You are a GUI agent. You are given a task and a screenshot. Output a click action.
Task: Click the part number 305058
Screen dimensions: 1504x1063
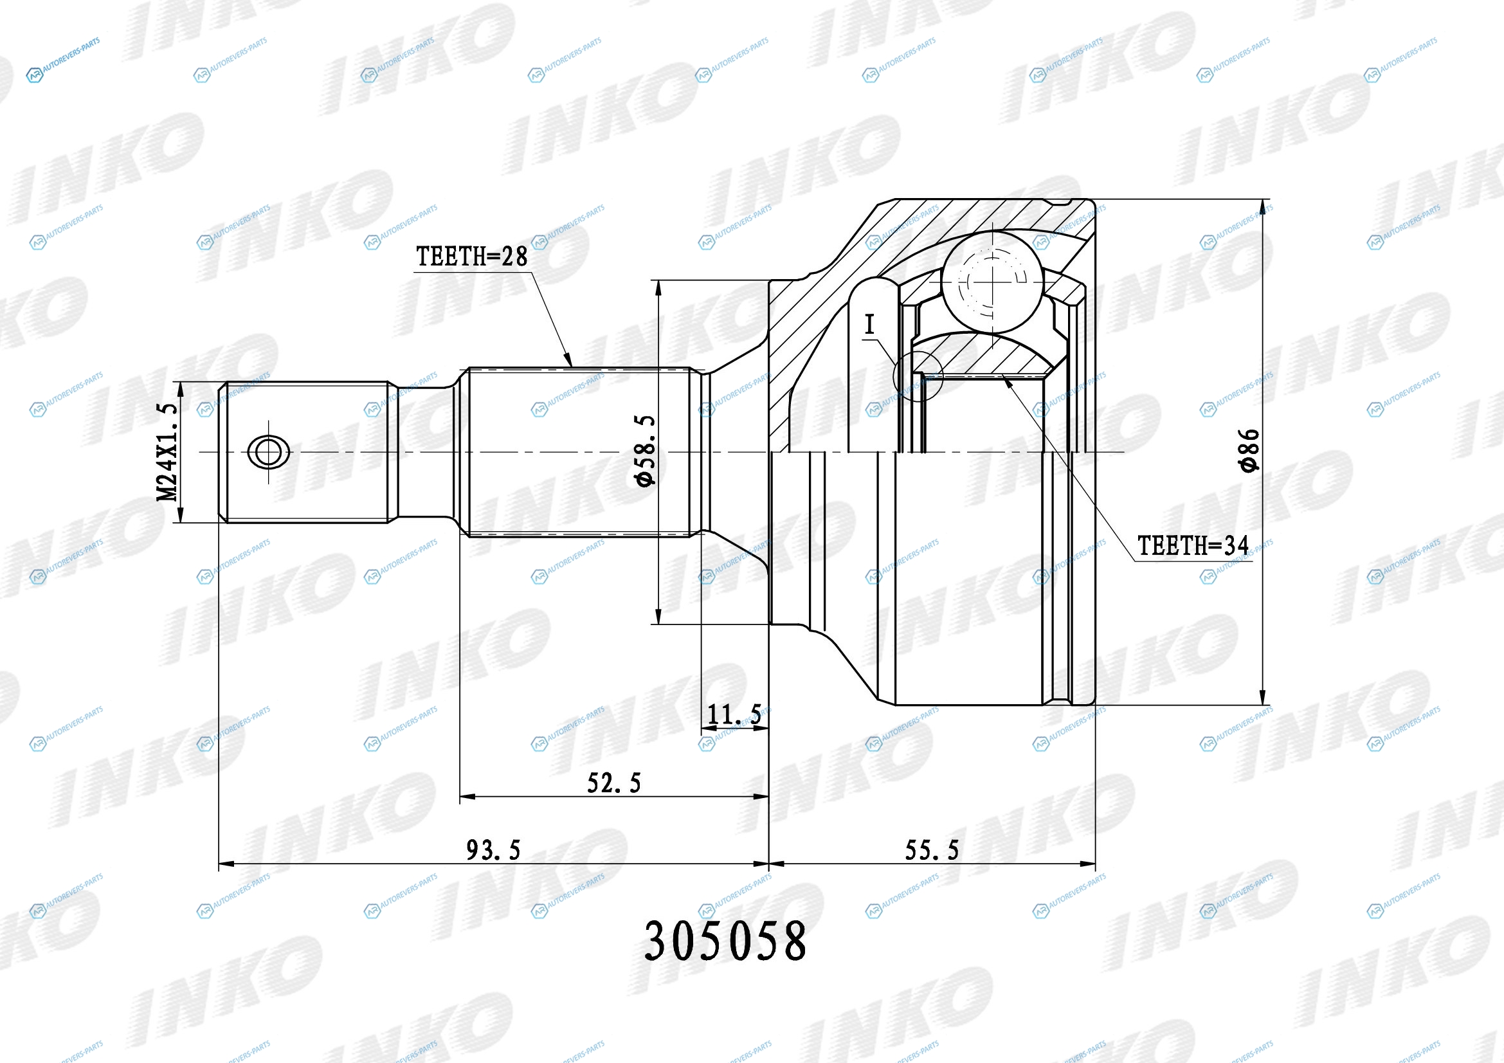[x=725, y=941]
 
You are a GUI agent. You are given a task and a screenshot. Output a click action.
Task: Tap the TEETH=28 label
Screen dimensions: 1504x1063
[x=471, y=257]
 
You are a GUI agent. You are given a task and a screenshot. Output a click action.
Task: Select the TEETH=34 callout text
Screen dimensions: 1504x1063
[x=1193, y=545]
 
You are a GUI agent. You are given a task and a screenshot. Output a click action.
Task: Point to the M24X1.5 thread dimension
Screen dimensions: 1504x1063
[x=167, y=452]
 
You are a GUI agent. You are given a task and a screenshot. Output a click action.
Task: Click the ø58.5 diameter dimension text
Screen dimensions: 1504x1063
[x=645, y=451]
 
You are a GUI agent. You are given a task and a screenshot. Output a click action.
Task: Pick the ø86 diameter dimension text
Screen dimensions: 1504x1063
[x=1249, y=450]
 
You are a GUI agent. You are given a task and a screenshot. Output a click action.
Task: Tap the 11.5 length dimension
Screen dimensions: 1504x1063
[x=734, y=714]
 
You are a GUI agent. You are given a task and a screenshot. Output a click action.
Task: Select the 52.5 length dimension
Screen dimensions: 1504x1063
[x=614, y=783]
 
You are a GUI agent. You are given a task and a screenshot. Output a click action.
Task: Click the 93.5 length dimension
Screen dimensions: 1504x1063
[x=493, y=850]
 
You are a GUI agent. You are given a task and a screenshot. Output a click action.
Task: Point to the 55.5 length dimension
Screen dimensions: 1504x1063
[x=932, y=850]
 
